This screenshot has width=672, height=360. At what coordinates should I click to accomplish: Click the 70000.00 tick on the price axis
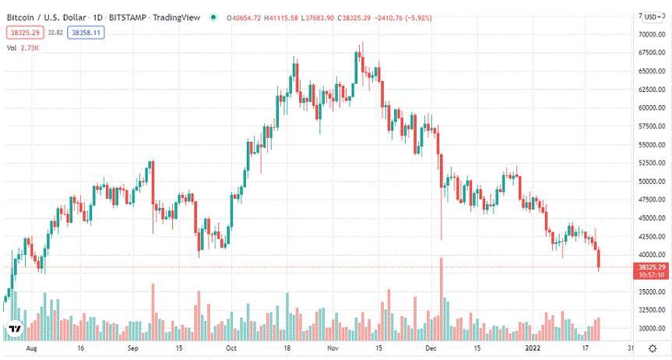click(x=651, y=35)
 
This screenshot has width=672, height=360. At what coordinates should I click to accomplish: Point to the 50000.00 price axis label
click(x=651, y=182)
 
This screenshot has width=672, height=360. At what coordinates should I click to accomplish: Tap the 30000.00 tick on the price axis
click(x=651, y=328)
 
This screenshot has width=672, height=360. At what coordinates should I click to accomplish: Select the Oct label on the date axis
click(x=231, y=349)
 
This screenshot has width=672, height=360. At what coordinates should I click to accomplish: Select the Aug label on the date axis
click(x=31, y=349)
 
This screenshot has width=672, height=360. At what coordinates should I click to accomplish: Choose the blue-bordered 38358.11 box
click(x=86, y=32)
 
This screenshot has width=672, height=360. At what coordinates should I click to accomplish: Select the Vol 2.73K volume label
click(x=23, y=48)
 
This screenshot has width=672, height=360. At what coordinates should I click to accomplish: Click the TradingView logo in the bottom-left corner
click(x=13, y=329)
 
